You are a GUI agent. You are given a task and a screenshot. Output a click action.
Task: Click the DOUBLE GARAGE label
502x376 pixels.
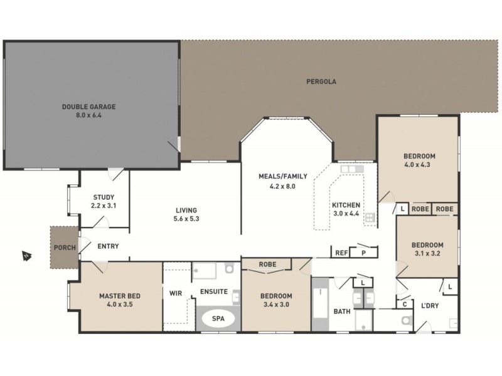(x=88, y=107)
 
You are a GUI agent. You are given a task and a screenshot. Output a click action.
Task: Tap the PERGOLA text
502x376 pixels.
(x=321, y=81)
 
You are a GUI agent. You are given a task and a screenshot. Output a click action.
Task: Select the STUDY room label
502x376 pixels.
(x=104, y=197)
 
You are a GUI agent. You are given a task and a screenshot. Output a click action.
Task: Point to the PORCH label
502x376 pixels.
(x=65, y=248)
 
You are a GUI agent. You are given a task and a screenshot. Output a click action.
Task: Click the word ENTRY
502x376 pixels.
(x=108, y=246)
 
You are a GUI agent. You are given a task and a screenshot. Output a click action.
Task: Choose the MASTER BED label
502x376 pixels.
(x=119, y=296)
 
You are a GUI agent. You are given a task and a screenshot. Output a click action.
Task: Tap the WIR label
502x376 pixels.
(x=175, y=292)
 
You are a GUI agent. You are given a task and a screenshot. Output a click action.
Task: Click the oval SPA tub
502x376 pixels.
(x=218, y=319)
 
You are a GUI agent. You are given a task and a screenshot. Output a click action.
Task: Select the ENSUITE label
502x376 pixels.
(x=214, y=292)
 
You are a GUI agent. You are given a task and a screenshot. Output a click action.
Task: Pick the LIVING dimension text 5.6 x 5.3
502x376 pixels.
(x=186, y=219)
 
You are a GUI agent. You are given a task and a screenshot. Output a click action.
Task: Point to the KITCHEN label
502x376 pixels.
(x=346, y=205)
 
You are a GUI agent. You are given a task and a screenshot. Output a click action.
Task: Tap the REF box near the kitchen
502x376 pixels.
(x=341, y=253)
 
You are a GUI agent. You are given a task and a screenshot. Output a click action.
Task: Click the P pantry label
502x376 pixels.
(x=363, y=253)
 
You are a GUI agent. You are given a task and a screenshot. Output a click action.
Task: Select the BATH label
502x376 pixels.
(x=342, y=311)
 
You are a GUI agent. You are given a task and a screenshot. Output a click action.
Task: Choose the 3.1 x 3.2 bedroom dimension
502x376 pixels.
(x=427, y=254)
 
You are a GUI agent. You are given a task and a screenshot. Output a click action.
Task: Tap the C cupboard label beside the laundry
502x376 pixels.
(x=405, y=305)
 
